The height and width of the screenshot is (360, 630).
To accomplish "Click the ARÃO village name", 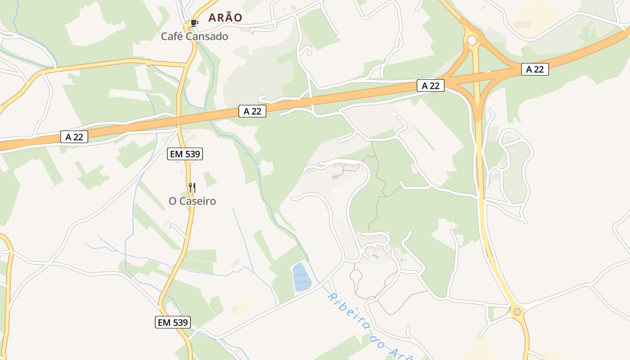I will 225,18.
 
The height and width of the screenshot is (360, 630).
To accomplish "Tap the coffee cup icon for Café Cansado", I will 194,23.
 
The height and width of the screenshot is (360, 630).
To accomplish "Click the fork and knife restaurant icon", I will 192,187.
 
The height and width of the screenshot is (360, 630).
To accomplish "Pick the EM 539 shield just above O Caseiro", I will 185,154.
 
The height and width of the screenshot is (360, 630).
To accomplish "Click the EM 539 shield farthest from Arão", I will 173,322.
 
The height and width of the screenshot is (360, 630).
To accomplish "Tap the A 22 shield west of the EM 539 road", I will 74,137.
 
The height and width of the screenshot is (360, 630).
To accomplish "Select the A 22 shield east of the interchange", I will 535,69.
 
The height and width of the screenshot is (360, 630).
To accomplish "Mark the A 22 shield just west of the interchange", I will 431,85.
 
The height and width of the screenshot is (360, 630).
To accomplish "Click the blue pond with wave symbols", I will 302,277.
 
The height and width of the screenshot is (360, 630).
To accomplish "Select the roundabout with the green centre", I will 517,311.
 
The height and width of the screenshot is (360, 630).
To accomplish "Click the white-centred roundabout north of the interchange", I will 472,41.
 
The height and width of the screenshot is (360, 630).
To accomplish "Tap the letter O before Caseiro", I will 173,201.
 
